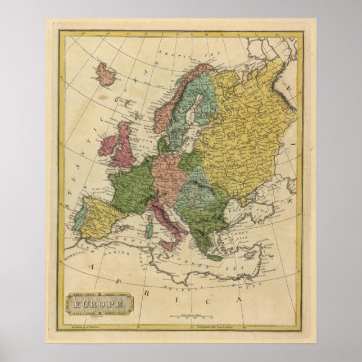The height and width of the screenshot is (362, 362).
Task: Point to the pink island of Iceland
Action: click(x=105, y=74)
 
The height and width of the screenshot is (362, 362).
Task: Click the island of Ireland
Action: click(x=110, y=150)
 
